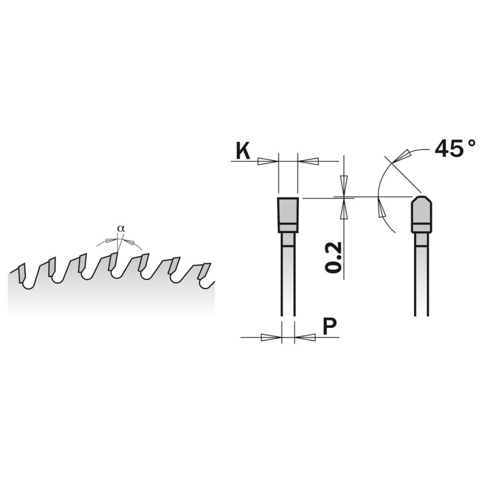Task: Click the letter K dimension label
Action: pyautogui.click(x=243, y=151)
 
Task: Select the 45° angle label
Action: pyautogui.click(x=455, y=149)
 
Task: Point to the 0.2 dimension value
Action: pyautogui.click(x=333, y=257)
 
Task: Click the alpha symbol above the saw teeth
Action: pyautogui.click(x=121, y=229)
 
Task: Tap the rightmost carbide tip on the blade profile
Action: pyautogui.click(x=205, y=271)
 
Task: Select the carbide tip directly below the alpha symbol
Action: pyautogui.click(x=113, y=261)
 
